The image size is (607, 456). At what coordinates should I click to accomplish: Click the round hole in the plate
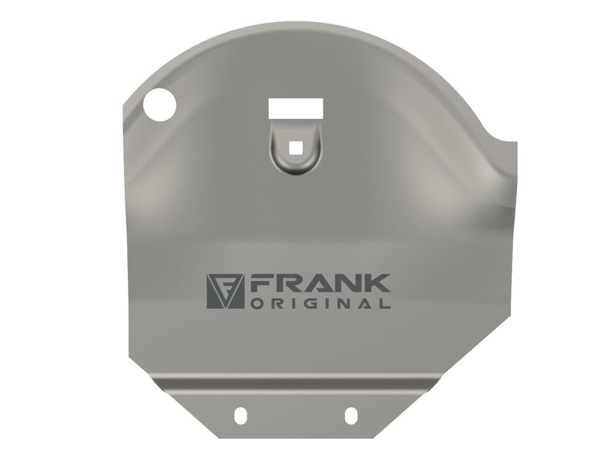160,105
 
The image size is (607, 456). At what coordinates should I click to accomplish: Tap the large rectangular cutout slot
296,108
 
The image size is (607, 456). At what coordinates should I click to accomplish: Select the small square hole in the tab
296,148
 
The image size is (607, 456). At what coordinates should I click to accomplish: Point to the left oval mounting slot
240,415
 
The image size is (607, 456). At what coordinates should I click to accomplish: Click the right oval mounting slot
351,415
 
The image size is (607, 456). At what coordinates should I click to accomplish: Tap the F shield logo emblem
225,292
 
